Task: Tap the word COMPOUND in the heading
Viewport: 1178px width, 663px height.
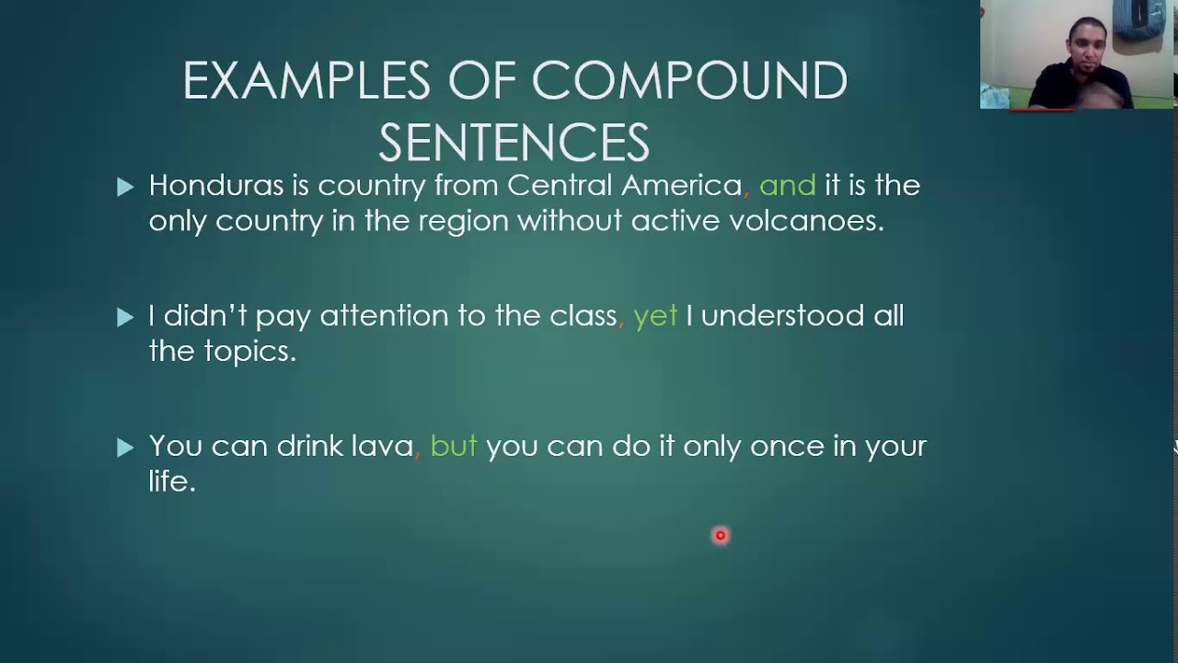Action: coord(689,81)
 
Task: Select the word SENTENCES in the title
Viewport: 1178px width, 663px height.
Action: coord(514,143)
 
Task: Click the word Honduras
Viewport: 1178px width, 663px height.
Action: coord(216,186)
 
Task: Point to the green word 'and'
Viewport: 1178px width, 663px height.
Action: coord(788,186)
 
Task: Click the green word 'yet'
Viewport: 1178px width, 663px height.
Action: coord(655,317)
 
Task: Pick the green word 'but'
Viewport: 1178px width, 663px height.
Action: coord(454,447)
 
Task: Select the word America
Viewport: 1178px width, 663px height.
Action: coord(682,186)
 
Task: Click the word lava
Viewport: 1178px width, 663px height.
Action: coord(382,447)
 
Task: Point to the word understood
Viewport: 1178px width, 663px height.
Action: coord(782,317)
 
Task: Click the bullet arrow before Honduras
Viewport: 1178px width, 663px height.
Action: coord(126,188)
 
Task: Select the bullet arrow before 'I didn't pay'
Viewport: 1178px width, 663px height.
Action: coord(126,318)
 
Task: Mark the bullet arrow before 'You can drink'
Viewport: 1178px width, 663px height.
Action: coord(126,448)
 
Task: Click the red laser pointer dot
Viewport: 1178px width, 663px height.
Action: coord(721,535)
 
